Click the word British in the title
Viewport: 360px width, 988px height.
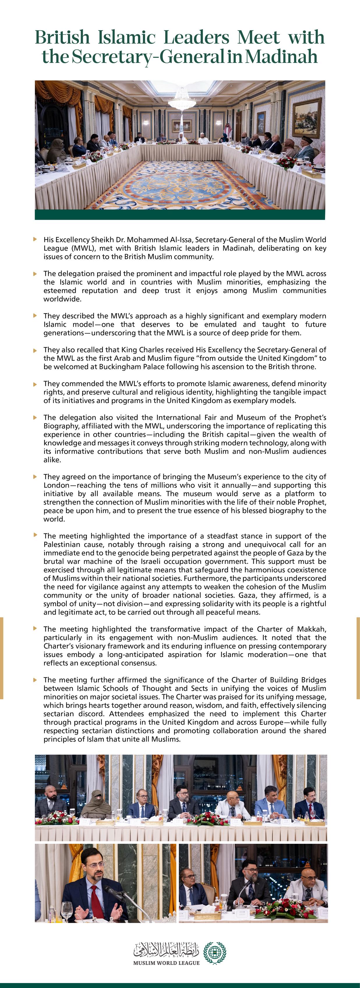(x=62, y=38)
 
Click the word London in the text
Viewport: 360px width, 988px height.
(x=56, y=485)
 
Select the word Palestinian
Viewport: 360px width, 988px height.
(x=66, y=545)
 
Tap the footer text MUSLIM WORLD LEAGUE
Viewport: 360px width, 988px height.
(x=166, y=963)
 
